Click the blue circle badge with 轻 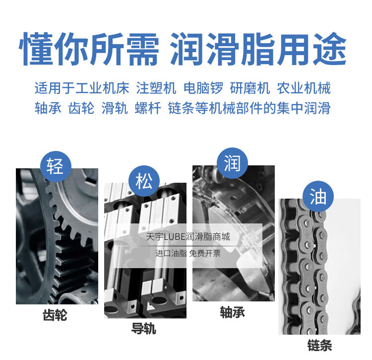pyautogui.click(x=56, y=166)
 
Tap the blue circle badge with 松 pyautogui.click(x=144, y=181)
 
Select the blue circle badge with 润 pyautogui.click(x=232, y=163)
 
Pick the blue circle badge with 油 pyautogui.click(x=318, y=196)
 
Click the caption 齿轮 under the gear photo pyautogui.click(x=55, y=315)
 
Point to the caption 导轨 pyautogui.click(x=144, y=329)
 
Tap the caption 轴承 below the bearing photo pyautogui.click(x=233, y=312)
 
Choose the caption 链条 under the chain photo pyautogui.click(x=319, y=345)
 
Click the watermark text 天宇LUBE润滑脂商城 pyautogui.click(x=188, y=237)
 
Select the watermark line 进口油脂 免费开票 pyautogui.click(x=188, y=253)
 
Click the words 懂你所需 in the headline pyautogui.click(x=89, y=49)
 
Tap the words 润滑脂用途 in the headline pyautogui.click(x=258, y=49)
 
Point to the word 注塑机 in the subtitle pyautogui.click(x=156, y=88)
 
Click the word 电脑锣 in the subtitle pyautogui.click(x=203, y=88)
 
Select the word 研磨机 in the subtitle pyautogui.click(x=250, y=88)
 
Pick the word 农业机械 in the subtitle pyautogui.click(x=304, y=88)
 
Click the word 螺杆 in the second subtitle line pyautogui.click(x=148, y=108)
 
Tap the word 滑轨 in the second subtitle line pyautogui.click(x=115, y=108)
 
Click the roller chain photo pyautogui.click(x=319, y=267)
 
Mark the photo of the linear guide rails pyautogui.click(x=145, y=250)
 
